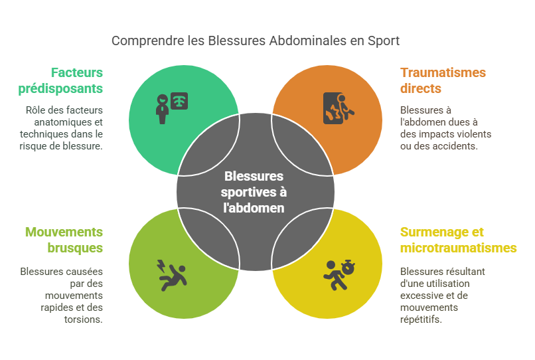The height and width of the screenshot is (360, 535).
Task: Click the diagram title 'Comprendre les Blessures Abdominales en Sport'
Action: click(x=256, y=41)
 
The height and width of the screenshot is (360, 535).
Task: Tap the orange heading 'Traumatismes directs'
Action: click(x=443, y=80)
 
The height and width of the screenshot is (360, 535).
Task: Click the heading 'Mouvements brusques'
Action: click(x=64, y=240)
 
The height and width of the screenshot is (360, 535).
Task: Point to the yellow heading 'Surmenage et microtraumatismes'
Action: click(x=458, y=240)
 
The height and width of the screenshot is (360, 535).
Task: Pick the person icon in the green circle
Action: click(x=162, y=108)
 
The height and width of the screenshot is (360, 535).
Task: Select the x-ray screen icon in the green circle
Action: click(x=179, y=100)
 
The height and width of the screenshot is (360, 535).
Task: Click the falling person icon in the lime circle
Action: click(x=174, y=278)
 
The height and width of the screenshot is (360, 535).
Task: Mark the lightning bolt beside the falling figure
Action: click(x=160, y=266)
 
